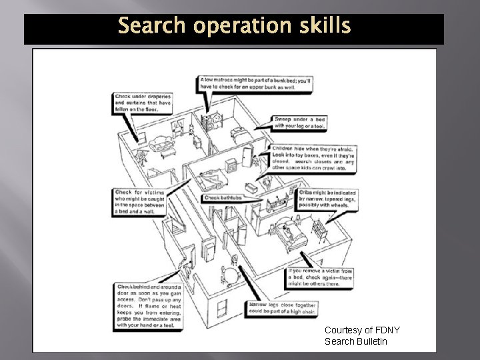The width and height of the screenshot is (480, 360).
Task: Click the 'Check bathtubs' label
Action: [221, 197]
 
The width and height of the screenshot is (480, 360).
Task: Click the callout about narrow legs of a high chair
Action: [283, 308]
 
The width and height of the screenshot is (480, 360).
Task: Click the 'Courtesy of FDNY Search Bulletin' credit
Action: [355, 336]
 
